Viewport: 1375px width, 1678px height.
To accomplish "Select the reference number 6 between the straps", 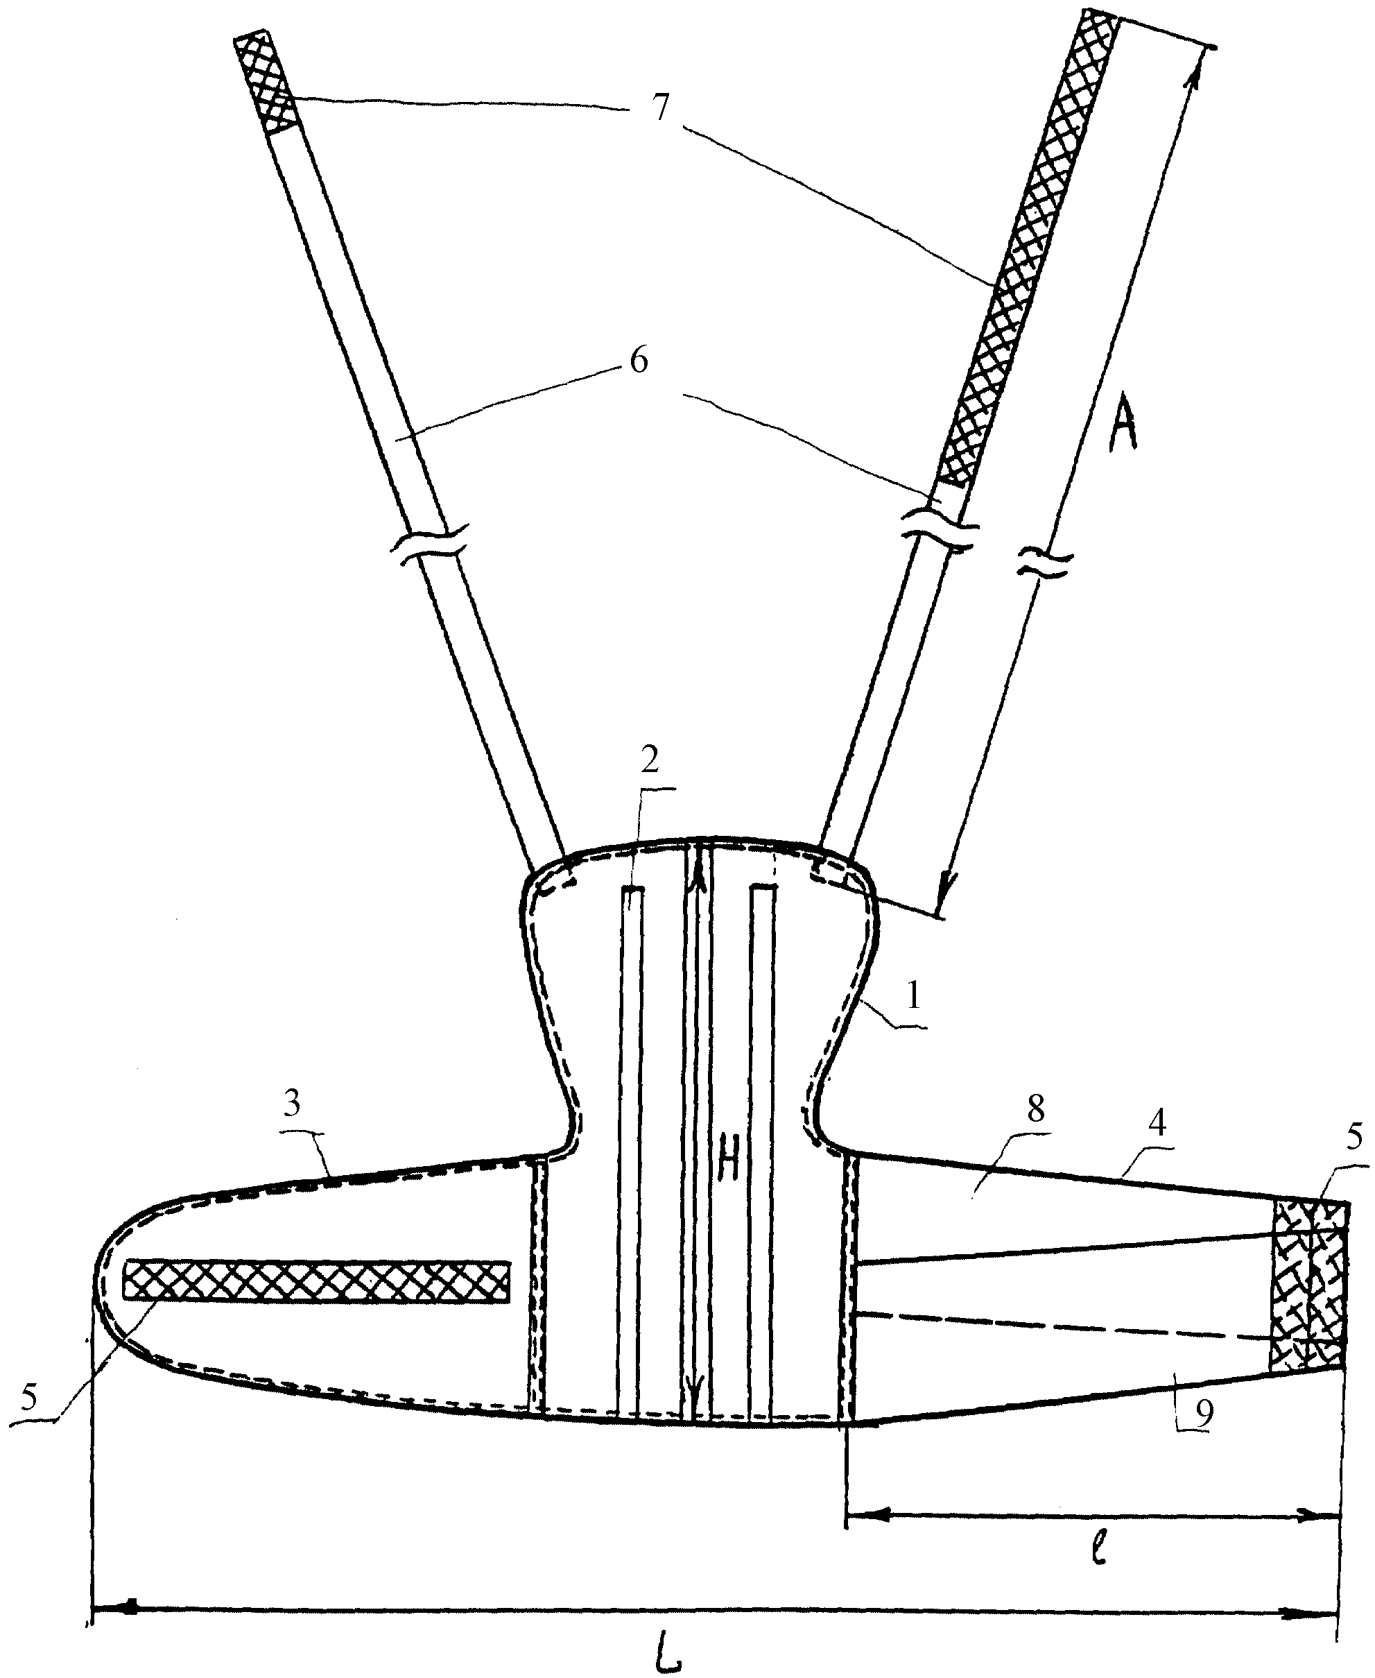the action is (638, 361).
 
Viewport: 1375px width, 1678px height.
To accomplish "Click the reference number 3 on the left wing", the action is (293, 1104).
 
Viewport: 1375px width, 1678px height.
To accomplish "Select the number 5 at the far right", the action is (1354, 1138).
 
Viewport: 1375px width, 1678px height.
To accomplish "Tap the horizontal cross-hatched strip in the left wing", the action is (317, 1281).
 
